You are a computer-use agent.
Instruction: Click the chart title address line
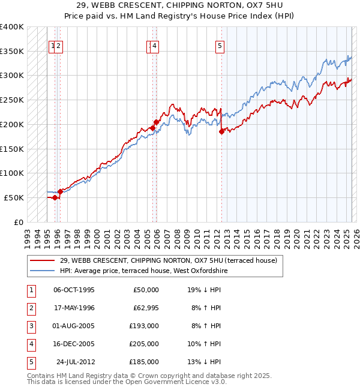click(179, 5)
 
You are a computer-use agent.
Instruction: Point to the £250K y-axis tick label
click(12, 100)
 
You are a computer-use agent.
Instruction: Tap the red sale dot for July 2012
click(221, 132)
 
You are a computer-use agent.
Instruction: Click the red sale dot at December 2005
click(156, 122)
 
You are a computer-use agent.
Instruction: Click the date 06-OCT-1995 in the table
click(74, 290)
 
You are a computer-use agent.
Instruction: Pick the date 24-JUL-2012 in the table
click(75, 362)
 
